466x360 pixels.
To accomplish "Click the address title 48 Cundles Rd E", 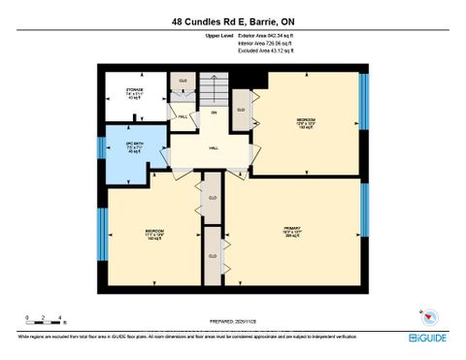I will (x=233, y=20).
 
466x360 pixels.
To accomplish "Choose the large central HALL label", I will (x=213, y=148).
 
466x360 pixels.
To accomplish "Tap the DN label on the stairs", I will (x=215, y=113).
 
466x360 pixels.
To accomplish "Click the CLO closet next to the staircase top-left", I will (x=183, y=82).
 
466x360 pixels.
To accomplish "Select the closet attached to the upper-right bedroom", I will (x=241, y=110).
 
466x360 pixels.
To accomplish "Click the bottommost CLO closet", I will (x=212, y=255).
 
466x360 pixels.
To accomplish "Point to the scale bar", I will (x=45, y=321).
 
